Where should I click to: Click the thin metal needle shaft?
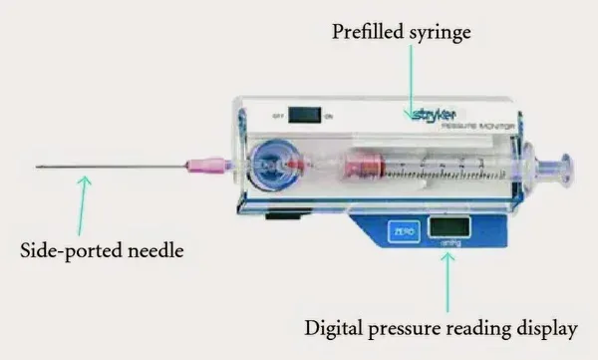pyautogui.click(x=110, y=166)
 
